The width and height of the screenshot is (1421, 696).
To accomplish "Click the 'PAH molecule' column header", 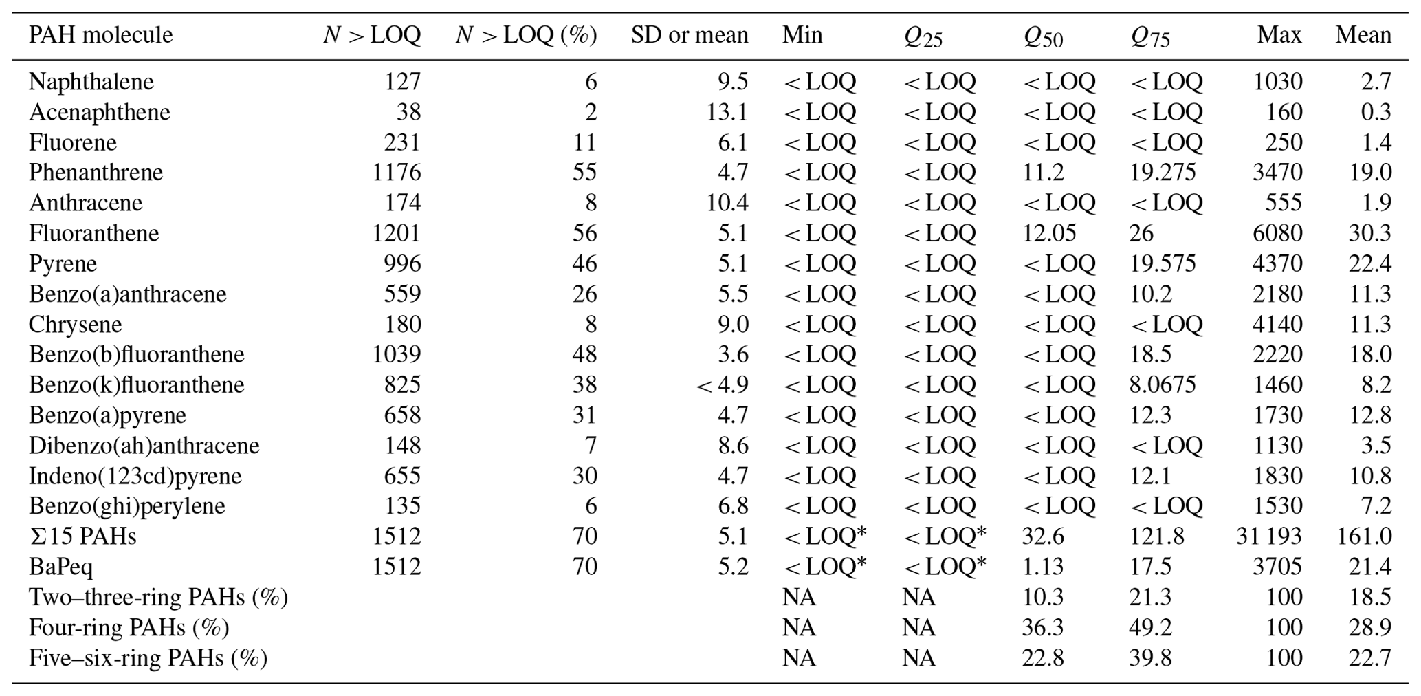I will click(100, 35).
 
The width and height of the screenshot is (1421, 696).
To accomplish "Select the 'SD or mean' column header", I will click(689, 35).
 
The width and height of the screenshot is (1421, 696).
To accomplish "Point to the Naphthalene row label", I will click(91, 82).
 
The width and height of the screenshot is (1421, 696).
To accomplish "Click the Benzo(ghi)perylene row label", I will click(126, 506).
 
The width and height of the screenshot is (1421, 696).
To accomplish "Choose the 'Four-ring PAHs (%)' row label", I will click(129, 628).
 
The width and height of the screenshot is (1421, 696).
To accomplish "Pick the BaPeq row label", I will click(60, 567).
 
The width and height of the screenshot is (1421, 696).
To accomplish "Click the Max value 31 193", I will click(1269, 536).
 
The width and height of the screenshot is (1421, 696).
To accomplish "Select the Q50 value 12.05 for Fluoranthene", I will click(1049, 233).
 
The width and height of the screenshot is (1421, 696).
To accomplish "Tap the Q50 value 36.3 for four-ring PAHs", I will click(1043, 628).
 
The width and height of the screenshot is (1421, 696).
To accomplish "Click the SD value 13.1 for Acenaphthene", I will click(727, 112).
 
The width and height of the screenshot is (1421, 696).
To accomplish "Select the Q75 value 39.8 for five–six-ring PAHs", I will click(1149, 658).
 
